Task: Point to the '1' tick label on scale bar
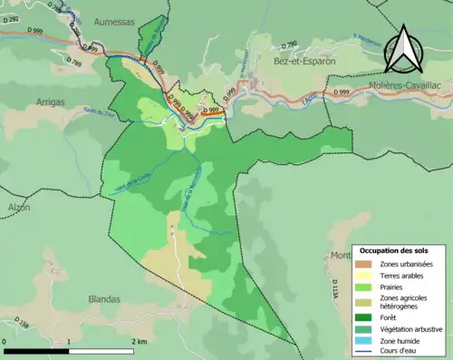[x=70, y=341]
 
